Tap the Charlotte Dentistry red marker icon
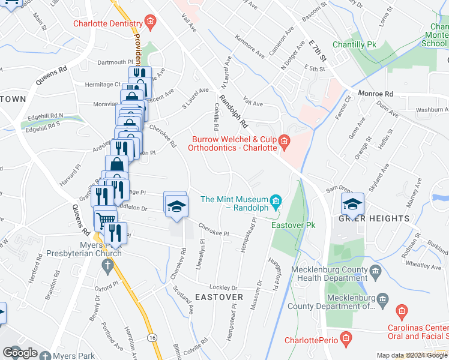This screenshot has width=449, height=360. click(x=150, y=24)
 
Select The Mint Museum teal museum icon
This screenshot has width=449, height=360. click(x=276, y=200)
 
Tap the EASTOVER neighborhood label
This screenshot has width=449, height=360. click(x=218, y=297)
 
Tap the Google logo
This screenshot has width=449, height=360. click(x=20, y=353)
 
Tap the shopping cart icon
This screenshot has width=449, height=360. click(x=105, y=218)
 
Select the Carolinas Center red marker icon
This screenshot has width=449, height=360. click(x=402, y=312)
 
